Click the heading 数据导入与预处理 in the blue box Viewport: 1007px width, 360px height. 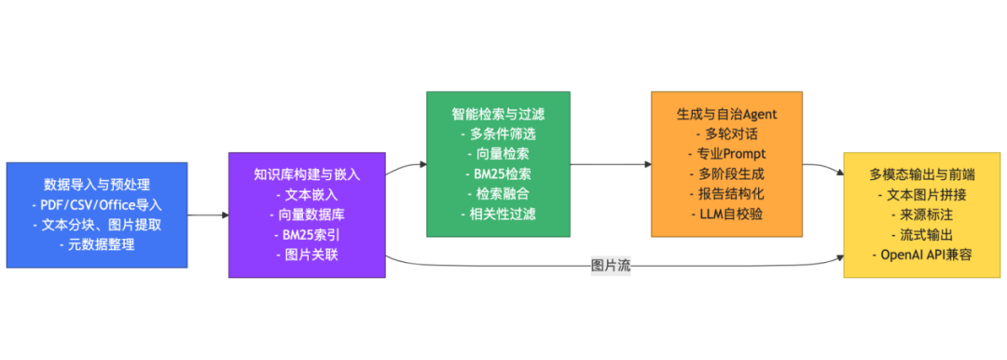pyautogui.click(x=97, y=184)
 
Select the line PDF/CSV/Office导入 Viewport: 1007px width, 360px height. pyautogui.click(x=97, y=204)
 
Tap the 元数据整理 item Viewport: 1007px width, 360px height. pyautogui.click(x=97, y=244)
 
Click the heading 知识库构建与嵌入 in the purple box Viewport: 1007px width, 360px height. pyautogui.click(x=307, y=173)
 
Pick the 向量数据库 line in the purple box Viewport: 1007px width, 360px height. pyautogui.click(x=307, y=215)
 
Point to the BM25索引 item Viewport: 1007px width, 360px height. pyautogui.click(x=307, y=235)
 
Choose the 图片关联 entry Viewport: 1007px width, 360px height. pyautogui.click(x=307, y=255)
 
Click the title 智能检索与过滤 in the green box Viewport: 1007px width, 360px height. pyautogui.click(x=498, y=113)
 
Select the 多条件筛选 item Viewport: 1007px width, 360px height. pyautogui.click(x=498, y=133)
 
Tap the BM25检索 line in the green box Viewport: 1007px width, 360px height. pyautogui.click(x=498, y=173)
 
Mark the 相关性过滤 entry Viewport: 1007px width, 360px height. pyautogui.click(x=498, y=215)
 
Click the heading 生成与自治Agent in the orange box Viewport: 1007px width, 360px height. pyautogui.click(x=726, y=113)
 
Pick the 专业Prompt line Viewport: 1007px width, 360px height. pyautogui.click(x=726, y=153)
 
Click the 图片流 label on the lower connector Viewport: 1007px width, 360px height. pyautogui.click(x=612, y=265)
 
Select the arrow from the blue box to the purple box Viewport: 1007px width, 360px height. pyautogui.click(x=208, y=215)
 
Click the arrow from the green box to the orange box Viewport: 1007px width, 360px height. pyautogui.click(x=611, y=164)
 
